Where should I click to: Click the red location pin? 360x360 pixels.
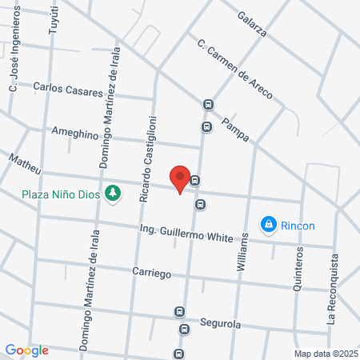pos(180,178)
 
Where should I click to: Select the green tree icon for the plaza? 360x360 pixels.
pos(113,193)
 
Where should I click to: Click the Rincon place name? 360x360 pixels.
pos(298,225)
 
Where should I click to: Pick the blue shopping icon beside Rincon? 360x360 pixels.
pos(269,225)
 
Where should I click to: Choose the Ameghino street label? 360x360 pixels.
pos(75,131)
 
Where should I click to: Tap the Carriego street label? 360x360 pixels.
pos(152,273)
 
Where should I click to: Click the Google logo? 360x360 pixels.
pos(26,350)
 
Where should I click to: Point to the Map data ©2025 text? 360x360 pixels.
pos(326,354)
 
